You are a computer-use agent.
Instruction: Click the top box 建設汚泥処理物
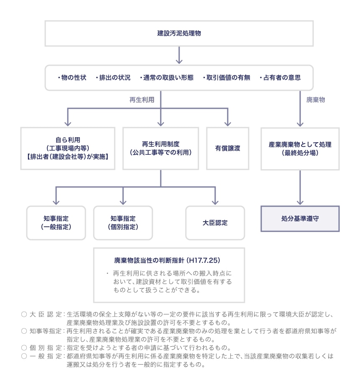[179, 33]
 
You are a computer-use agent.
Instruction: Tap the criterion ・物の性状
[72, 78]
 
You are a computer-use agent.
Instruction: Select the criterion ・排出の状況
[113, 78]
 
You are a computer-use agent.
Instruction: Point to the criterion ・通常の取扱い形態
[167, 78]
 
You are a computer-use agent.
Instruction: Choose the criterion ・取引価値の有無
[226, 78]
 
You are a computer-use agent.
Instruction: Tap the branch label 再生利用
[142, 100]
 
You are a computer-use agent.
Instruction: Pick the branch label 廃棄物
[316, 100]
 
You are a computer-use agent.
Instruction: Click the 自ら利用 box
[68, 148]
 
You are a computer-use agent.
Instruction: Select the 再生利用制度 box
[161, 148]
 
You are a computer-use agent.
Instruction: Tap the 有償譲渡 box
[228, 148]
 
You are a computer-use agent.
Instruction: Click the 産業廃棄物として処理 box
[300, 148]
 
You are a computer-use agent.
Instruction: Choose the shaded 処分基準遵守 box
[300, 218]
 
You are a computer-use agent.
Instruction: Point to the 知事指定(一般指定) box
[56, 223]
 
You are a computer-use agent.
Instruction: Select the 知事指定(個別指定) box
[123, 223]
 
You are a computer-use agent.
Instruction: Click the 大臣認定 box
[215, 223]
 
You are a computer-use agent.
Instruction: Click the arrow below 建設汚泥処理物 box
[179, 55]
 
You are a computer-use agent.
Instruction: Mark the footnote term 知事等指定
[46, 330]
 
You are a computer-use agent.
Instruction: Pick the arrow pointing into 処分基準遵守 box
[300, 188]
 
